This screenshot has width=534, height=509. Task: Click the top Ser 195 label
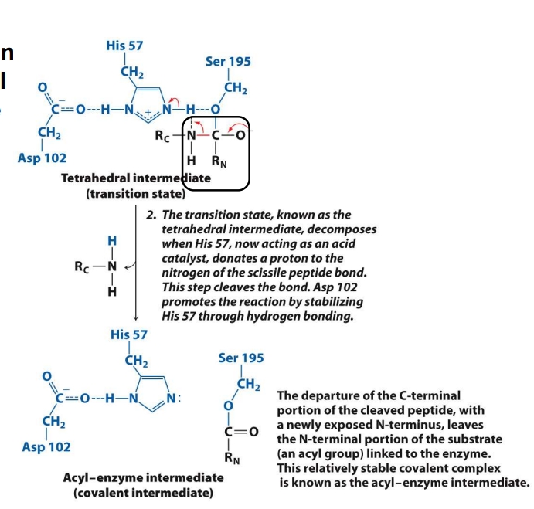click(228, 62)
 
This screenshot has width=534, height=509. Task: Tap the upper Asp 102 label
click(42, 158)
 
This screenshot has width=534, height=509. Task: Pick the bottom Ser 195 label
click(241, 358)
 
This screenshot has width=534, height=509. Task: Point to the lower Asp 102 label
click(46, 446)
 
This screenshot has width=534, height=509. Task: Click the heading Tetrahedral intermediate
click(135, 178)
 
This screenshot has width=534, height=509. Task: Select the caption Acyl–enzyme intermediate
click(143, 477)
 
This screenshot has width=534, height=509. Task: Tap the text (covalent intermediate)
click(143, 492)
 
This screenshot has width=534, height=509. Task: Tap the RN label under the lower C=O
click(232, 457)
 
